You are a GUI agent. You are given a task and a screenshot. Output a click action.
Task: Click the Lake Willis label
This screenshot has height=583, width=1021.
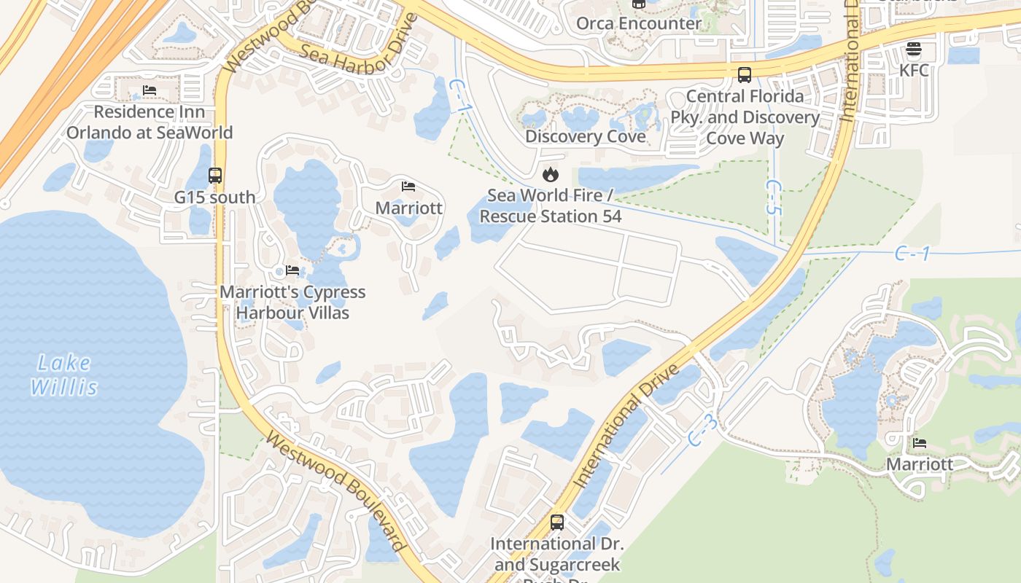(x=64, y=375)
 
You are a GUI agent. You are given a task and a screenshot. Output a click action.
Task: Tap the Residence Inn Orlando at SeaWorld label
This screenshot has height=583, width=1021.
(x=150, y=122)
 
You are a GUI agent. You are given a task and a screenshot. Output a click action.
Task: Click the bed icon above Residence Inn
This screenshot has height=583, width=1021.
(x=150, y=90)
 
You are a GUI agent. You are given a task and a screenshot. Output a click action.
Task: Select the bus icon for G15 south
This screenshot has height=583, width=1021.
(x=215, y=176)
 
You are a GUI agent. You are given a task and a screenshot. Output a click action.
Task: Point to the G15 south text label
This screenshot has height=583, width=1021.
(x=215, y=197)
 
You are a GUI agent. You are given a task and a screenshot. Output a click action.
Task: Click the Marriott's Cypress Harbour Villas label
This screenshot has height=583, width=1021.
(x=292, y=302)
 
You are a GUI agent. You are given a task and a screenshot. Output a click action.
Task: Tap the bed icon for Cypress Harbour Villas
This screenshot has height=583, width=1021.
(x=292, y=270)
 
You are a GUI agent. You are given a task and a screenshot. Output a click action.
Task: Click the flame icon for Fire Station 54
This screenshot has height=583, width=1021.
(x=551, y=174)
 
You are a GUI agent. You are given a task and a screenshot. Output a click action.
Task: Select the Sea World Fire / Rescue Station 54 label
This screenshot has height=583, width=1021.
(x=551, y=206)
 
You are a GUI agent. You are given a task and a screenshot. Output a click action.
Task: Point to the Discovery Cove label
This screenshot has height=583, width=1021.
(x=586, y=137)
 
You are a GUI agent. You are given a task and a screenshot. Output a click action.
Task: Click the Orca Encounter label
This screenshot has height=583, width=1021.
(x=638, y=23)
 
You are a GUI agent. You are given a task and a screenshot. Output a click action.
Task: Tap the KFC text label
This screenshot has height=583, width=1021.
(x=914, y=71)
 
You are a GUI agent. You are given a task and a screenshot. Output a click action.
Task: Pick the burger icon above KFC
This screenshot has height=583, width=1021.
(x=914, y=50)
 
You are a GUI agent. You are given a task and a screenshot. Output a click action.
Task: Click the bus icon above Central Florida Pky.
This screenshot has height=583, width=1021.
(x=745, y=74)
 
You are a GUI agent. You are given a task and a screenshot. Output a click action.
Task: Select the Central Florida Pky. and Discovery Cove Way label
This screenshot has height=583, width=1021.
(x=745, y=117)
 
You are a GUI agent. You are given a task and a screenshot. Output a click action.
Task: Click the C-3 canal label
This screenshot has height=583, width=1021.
(x=703, y=431)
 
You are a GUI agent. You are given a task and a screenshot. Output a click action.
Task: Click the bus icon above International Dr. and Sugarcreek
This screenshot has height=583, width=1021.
(x=557, y=523)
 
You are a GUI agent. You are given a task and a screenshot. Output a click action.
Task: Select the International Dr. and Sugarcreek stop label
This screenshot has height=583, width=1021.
(x=557, y=555)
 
